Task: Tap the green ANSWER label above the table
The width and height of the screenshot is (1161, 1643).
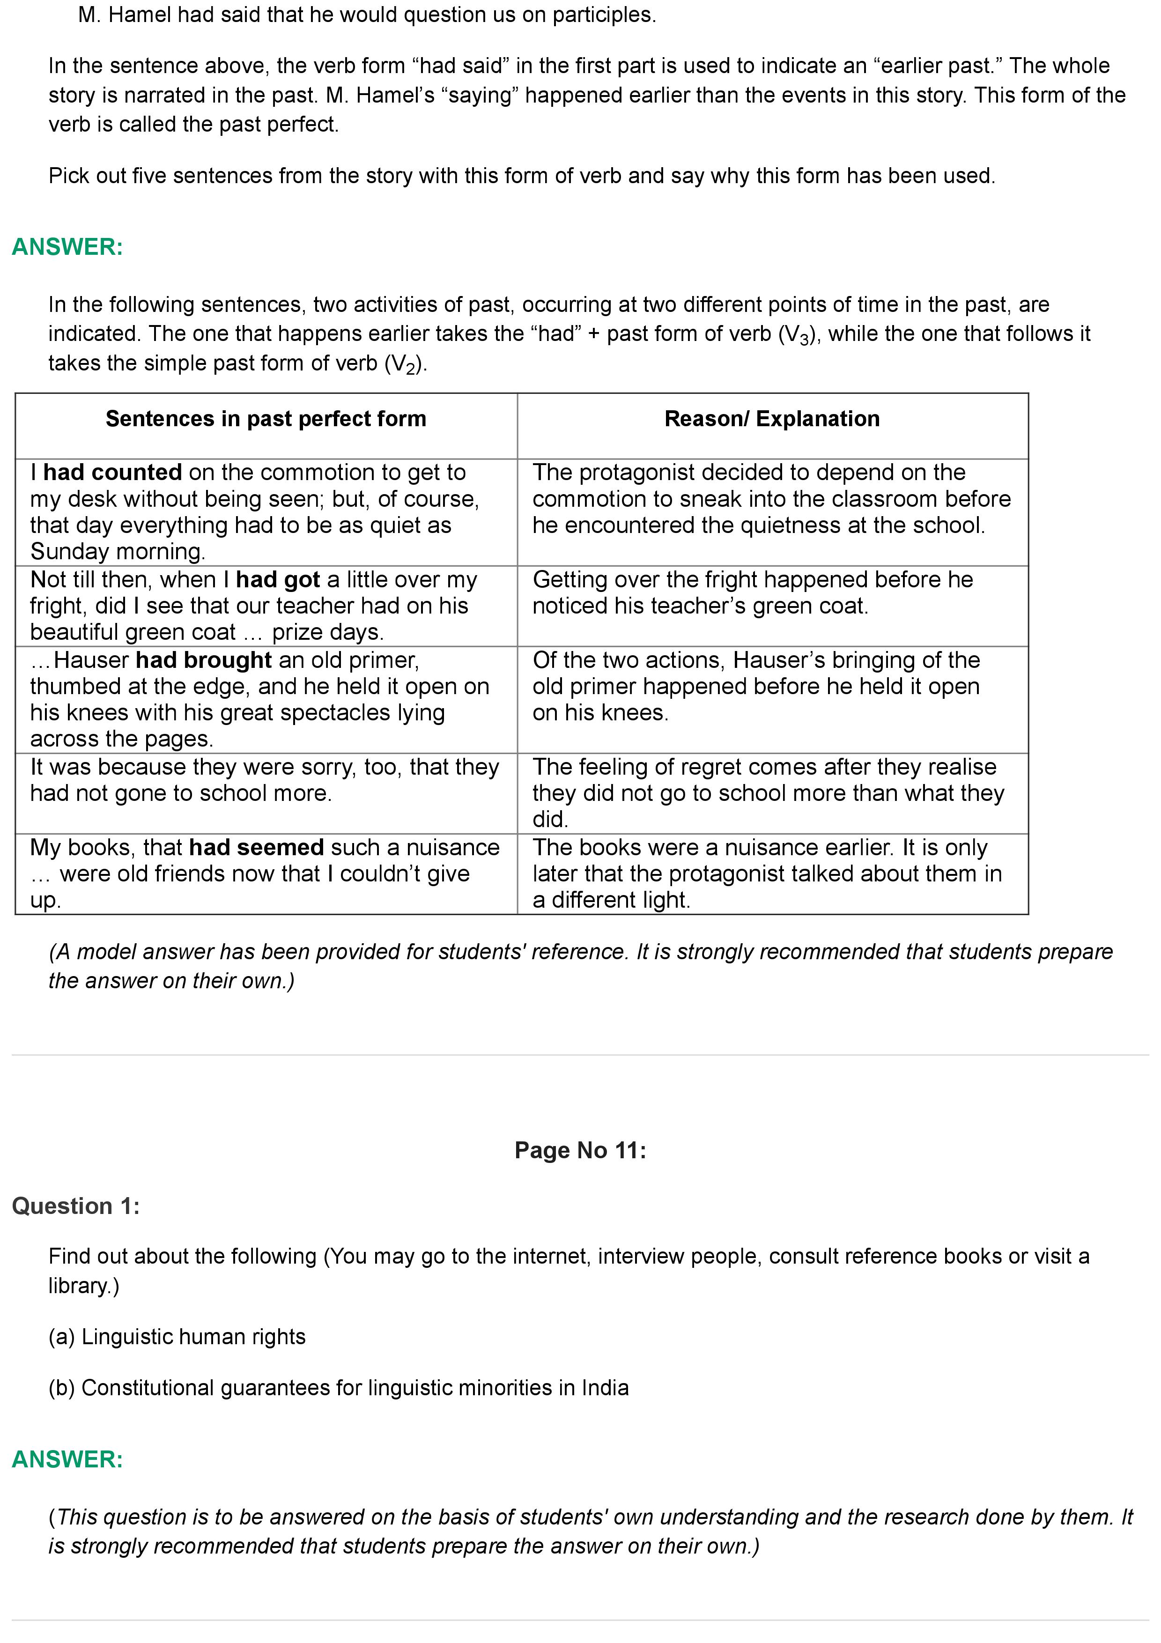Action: tap(67, 247)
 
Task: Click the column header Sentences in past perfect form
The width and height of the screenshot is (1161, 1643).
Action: tap(266, 419)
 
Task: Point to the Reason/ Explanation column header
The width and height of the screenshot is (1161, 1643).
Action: tap(772, 419)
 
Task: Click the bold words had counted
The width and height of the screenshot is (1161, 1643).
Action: tap(112, 472)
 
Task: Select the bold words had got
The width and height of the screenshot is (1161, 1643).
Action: tap(278, 580)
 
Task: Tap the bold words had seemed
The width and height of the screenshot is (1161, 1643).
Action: tap(256, 847)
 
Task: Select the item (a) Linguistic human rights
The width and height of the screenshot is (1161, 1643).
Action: tap(177, 1337)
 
